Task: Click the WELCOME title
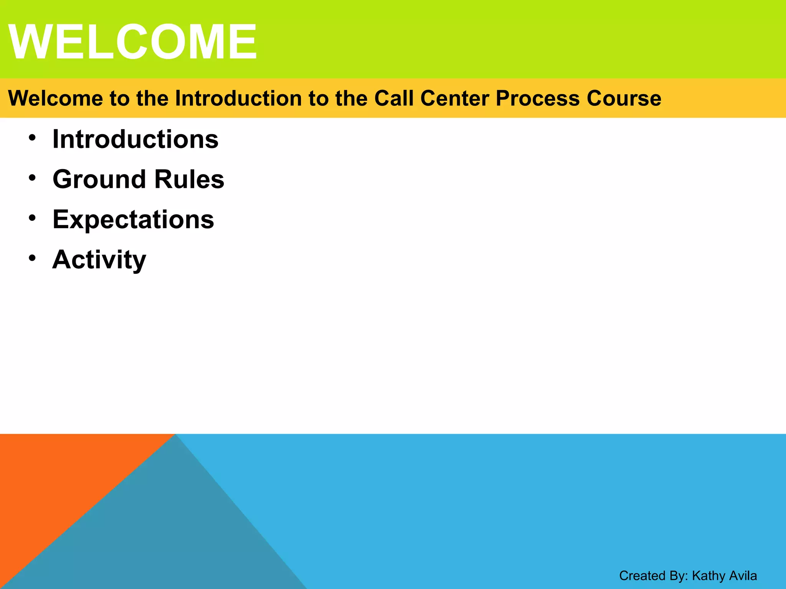coord(132,41)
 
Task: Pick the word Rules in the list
coord(189,179)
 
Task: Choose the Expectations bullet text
coord(133,219)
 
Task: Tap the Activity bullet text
coord(99,260)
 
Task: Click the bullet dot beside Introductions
coord(32,138)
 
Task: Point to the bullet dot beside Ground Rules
coord(32,178)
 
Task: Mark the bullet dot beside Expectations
coord(32,218)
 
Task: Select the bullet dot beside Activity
coord(32,258)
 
